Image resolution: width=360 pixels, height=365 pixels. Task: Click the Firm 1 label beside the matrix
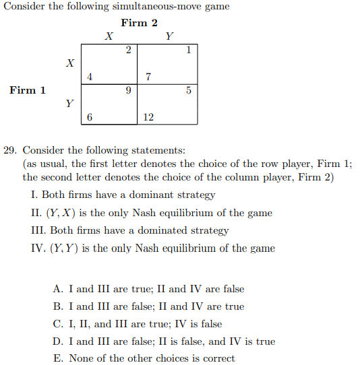click(x=28, y=90)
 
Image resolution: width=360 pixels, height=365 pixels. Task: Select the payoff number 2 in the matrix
click(x=128, y=50)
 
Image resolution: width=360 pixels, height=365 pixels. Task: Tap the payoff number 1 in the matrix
click(x=188, y=50)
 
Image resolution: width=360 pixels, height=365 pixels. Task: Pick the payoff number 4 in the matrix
click(x=90, y=77)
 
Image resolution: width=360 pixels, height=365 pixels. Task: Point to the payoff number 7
click(x=148, y=77)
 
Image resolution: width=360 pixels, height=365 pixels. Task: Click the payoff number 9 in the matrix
click(x=128, y=90)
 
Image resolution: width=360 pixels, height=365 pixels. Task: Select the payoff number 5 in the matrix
click(x=188, y=90)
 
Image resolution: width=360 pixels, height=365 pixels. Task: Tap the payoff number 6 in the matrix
click(x=90, y=117)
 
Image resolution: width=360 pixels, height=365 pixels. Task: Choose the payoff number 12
click(x=149, y=117)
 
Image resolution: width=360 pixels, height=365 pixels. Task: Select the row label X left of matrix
click(x=69, y=63)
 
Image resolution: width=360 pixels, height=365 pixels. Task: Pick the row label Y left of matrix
click(x=69, y=104)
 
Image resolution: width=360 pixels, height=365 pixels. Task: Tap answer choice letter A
click(x=57, y=289)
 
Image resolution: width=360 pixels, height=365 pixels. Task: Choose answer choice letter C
click(x=57, y=324)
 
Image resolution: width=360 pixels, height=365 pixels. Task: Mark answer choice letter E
click(x=57, y=358)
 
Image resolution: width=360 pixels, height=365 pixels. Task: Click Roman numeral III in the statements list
click(x=38, y=230)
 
